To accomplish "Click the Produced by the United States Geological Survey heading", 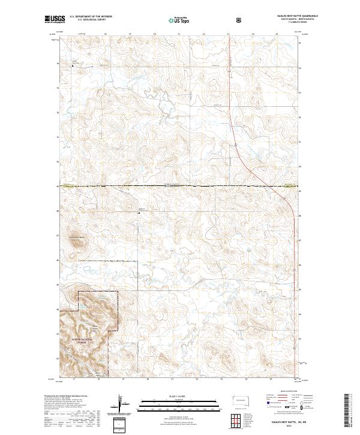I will click(64, 396).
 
